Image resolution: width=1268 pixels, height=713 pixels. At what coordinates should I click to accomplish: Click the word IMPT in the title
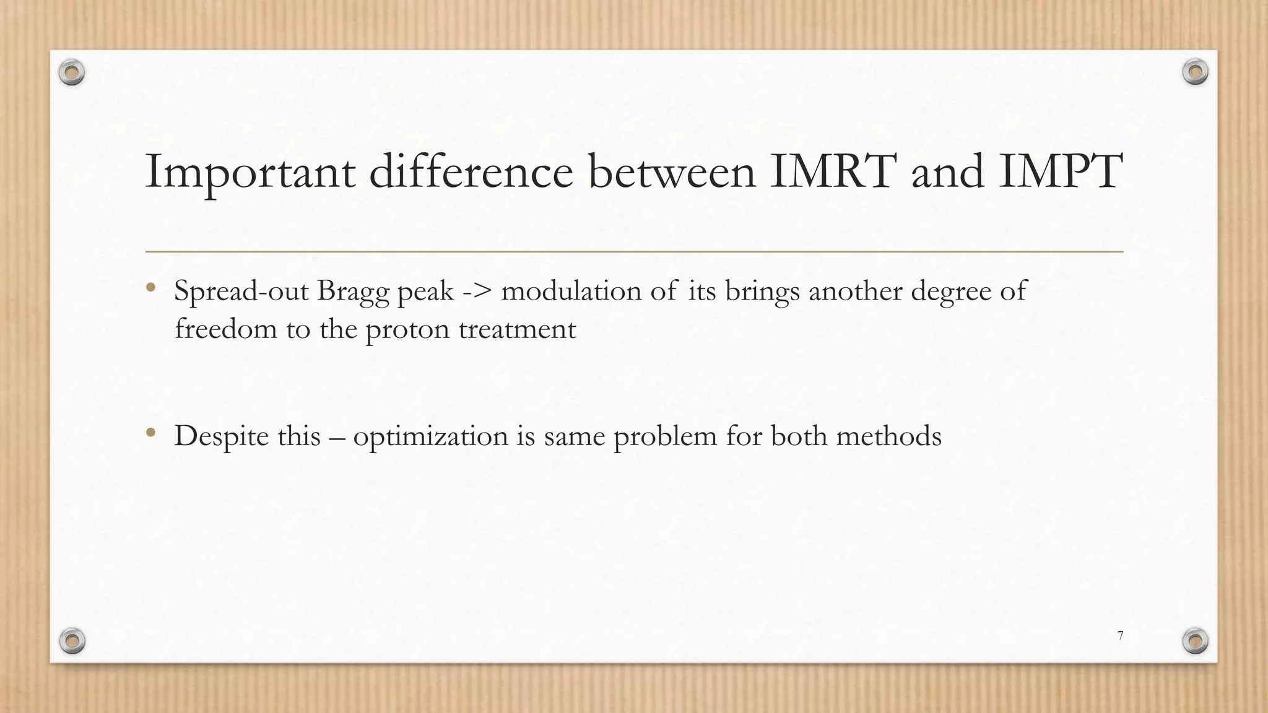(x=1060, y=171)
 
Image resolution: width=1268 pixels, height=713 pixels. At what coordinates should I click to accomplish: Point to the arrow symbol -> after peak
(x=477, y=292)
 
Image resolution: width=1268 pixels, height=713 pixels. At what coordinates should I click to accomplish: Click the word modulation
(x=571, y=291)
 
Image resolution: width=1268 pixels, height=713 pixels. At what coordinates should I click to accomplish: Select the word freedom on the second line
(x=226, y=328)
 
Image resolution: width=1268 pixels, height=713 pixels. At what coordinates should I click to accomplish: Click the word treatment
(x=517, y=329)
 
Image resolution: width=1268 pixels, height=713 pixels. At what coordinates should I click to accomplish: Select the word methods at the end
(x=888, y=436)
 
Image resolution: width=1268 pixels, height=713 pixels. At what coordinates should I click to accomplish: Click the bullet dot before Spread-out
(x=150, y=287)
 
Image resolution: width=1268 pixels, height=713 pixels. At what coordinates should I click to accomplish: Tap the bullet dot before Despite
(x=150, y=433)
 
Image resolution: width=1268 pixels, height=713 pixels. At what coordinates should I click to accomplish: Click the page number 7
(x=1120, y=635)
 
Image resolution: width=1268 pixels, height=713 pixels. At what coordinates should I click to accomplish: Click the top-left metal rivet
(x=72, y=73)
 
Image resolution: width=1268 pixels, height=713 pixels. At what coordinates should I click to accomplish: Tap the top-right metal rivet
(x=1195, y=72)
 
